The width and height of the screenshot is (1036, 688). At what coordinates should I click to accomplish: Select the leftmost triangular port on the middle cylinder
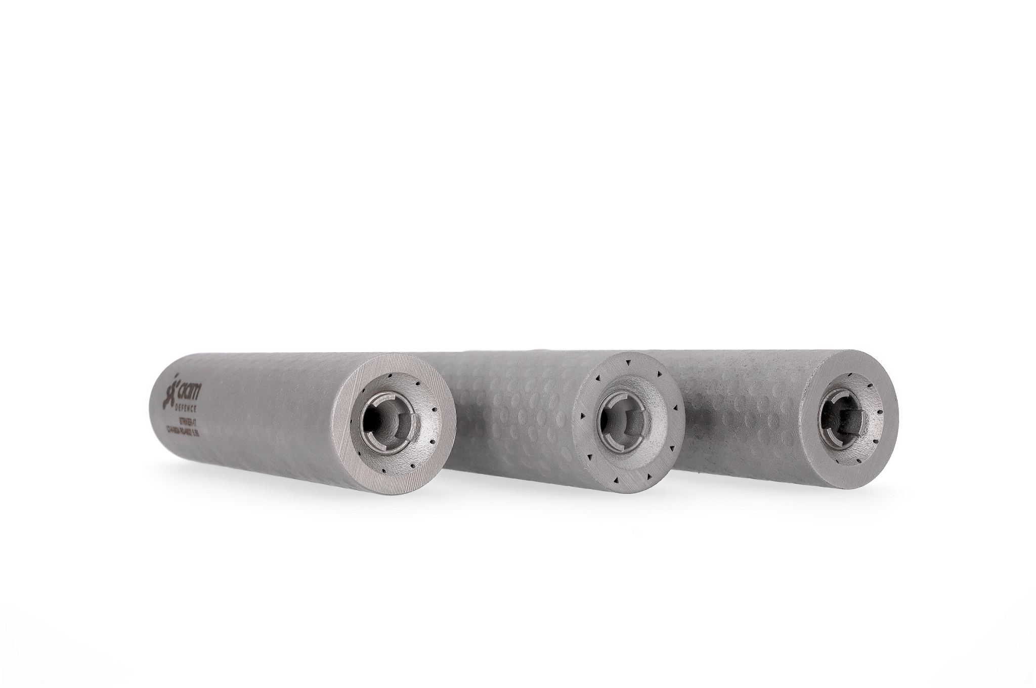tap(583, 416)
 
